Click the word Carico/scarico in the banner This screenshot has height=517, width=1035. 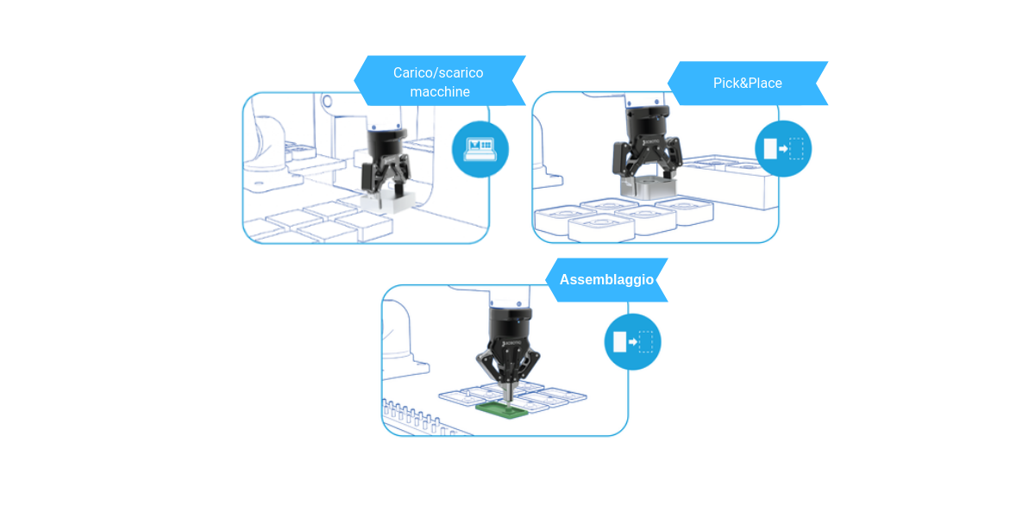tap(438, 73)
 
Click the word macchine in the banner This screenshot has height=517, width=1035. tap(440, 92)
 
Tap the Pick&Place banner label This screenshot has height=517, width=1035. tap(747, 83)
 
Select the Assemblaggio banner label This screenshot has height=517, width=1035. tap(606, 280)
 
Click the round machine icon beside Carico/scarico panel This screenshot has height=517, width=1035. tap(480, 149)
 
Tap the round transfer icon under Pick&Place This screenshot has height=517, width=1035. tap(783, 148)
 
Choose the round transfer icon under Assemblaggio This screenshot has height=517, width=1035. tap(632, 342)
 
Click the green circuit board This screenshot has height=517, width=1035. tap(502, 409)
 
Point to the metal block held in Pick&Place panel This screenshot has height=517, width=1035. tap(649, 188)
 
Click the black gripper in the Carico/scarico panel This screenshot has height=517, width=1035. tap(386, 162)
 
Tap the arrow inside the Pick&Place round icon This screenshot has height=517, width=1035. tap(783, 148)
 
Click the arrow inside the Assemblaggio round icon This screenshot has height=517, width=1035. tap(632, 342)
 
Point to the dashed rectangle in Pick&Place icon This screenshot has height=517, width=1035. tap(796, 148)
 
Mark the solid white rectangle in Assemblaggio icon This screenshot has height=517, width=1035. tap(619, 342)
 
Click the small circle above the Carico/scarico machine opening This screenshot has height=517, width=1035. tap(327, 101)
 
